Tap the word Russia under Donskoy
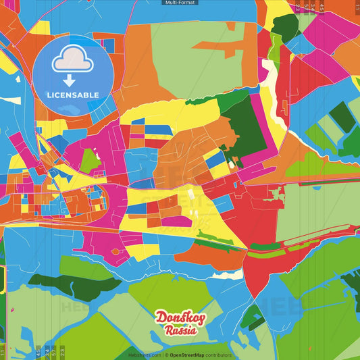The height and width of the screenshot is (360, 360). click(180, 331)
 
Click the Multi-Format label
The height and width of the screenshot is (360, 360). click(180, 3)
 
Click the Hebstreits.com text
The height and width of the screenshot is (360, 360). click(144, 355)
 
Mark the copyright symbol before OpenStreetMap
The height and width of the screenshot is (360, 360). click(166, 355)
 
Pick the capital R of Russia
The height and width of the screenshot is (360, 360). click(168, 331)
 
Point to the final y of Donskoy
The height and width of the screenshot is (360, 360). click(197, 319)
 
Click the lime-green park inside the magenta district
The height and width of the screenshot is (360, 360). click(89, 159)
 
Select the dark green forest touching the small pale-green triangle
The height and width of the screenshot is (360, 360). click(286, 27)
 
